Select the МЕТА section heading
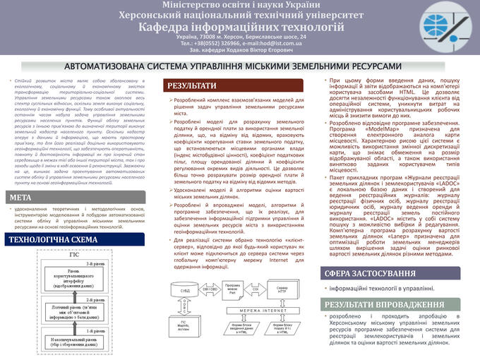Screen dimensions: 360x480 pyautogui.click(x=20, y=197)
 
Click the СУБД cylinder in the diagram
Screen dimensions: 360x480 pyautogui.click(x=184, y=292)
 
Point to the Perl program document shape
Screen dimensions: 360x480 pyautogui.click(x=233, y=288)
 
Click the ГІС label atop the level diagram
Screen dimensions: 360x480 pyautogui.click(x=74, y=253)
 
